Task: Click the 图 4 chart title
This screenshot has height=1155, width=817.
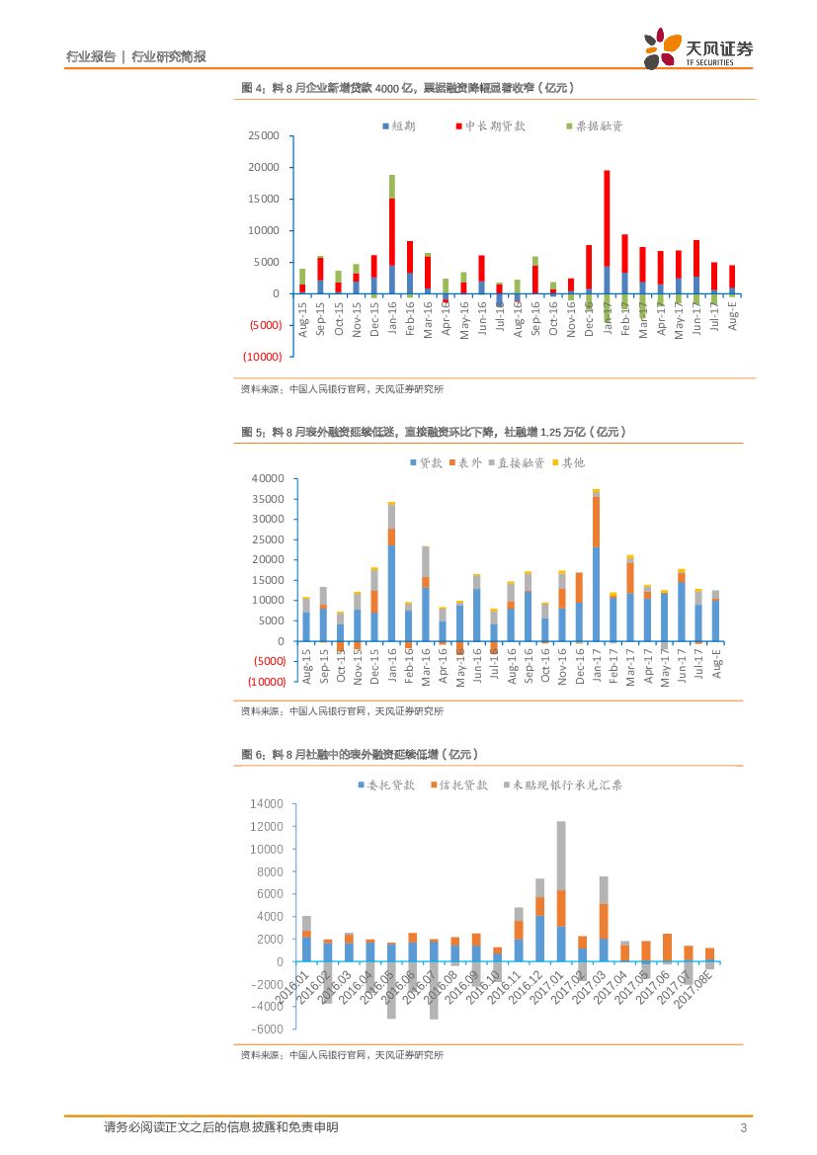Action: coord(407,89)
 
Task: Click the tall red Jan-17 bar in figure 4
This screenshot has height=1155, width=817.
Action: coord(607,217)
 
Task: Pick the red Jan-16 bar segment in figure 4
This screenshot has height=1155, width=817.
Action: coord(392,232)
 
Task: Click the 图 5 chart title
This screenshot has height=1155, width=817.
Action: coord(433,432)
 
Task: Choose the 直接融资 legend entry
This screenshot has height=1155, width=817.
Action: coord(515,462)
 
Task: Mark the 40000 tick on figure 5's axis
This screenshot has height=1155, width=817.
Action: coord(268,478)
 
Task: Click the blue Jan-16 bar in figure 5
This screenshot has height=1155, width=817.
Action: coord(392,593)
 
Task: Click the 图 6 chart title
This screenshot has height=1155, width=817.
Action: coord(360,755)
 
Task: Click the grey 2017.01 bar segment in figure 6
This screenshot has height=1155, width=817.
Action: coord(561,856)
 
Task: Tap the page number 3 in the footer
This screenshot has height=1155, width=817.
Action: coord(743,1128)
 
